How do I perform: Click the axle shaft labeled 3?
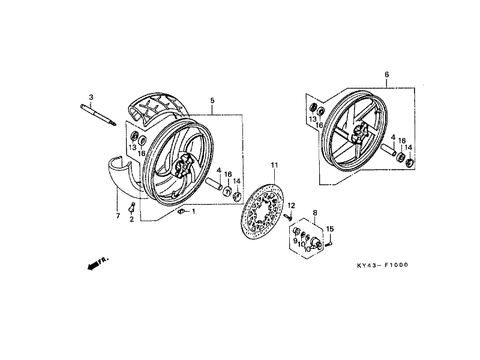pos(98,115)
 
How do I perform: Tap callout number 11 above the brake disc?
pos(274,166)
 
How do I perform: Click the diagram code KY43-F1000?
pos(383,265)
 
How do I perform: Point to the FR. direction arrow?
pos(98,263)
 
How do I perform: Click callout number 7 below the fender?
pos(118,216)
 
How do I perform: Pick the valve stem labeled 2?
pos(132,207)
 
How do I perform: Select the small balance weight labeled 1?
pos(181,211)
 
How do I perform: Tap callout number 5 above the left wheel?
pos(212,100)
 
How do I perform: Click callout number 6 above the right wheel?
pos(386,74)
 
